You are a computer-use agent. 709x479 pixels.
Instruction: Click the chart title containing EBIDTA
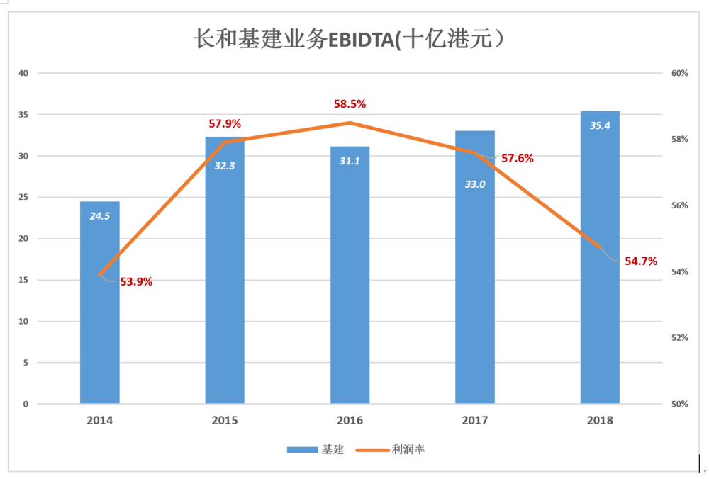[349, 39]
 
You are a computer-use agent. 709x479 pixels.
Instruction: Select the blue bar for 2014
[100, 303]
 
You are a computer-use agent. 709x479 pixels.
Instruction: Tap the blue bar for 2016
[350, 275]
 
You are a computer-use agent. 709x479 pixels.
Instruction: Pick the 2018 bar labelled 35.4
[600, 257]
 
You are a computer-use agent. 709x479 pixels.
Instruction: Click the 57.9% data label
[225, 123]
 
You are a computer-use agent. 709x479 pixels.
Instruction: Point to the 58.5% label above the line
[350, 104]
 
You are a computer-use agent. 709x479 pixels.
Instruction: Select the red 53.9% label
[136, 282]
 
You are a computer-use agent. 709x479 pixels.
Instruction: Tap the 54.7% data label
[641, 261]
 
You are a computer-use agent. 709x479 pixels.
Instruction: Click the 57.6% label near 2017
[518, 158]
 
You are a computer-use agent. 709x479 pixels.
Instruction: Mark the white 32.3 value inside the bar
[225, 166]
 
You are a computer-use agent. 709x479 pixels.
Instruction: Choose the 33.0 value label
[475, 184]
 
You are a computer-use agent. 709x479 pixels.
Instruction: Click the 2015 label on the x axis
[225, 421]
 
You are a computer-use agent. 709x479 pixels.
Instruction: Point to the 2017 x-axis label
[475, 421]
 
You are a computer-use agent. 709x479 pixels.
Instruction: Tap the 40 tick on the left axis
[23, 73]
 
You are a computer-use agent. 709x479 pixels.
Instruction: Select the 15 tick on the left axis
[23, 280]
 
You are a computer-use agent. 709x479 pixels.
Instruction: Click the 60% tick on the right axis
[680, 73]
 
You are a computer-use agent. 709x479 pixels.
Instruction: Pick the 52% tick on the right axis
[680, 338]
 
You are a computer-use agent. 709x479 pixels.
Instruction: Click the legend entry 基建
[316, 450]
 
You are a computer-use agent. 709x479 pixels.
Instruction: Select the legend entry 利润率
[391, 450]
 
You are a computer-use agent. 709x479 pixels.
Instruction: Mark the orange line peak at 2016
[350, 123]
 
